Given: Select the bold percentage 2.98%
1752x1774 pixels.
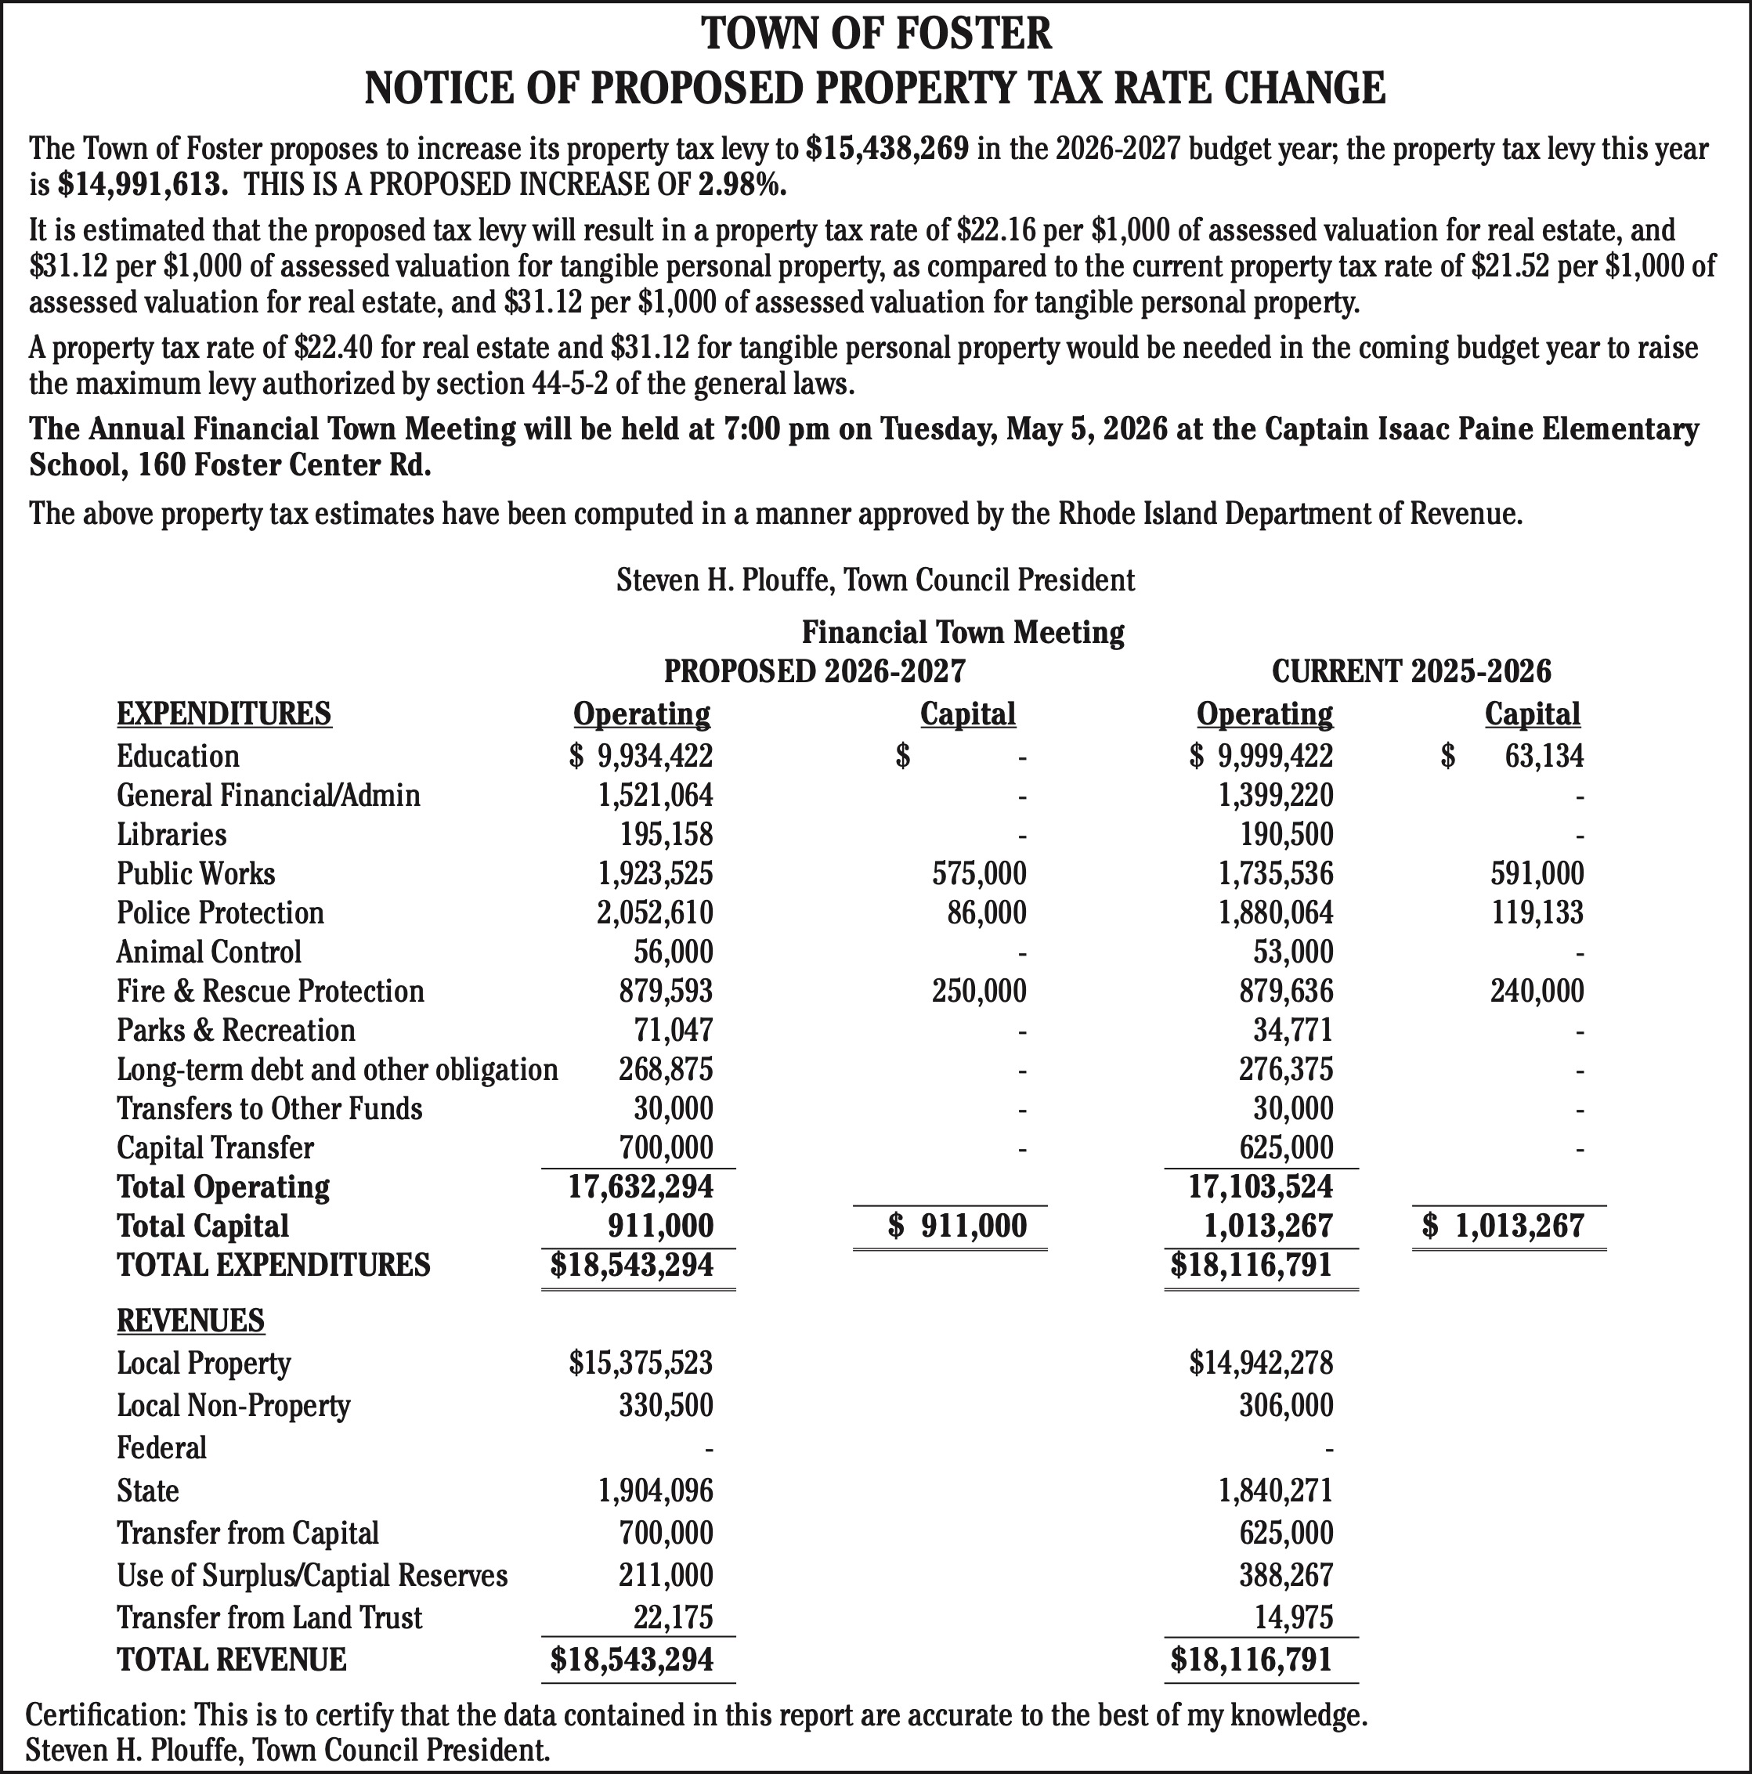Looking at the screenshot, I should (742, 185).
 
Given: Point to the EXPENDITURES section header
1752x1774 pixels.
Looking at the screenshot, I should (224, 714).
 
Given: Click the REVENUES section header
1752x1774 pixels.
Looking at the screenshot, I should (191, 1321).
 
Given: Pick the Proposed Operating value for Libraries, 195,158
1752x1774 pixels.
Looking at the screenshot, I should (666, 835).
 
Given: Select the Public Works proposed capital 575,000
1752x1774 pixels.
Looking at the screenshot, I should (979, 873).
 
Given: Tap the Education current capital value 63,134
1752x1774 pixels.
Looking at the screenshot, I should (1544, 757).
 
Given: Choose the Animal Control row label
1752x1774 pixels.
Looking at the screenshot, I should (208, 952).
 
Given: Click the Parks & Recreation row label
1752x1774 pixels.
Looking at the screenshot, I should (236, 1030).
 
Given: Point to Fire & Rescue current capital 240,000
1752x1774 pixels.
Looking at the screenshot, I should (1537, 992).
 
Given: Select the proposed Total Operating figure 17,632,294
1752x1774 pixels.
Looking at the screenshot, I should (640, 1187).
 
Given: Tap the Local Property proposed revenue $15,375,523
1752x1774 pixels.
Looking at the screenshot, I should (640, 1364).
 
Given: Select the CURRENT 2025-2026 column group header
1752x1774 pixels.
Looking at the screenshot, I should (1411, 671).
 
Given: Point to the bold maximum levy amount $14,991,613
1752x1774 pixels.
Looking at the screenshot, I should (143, 185).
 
